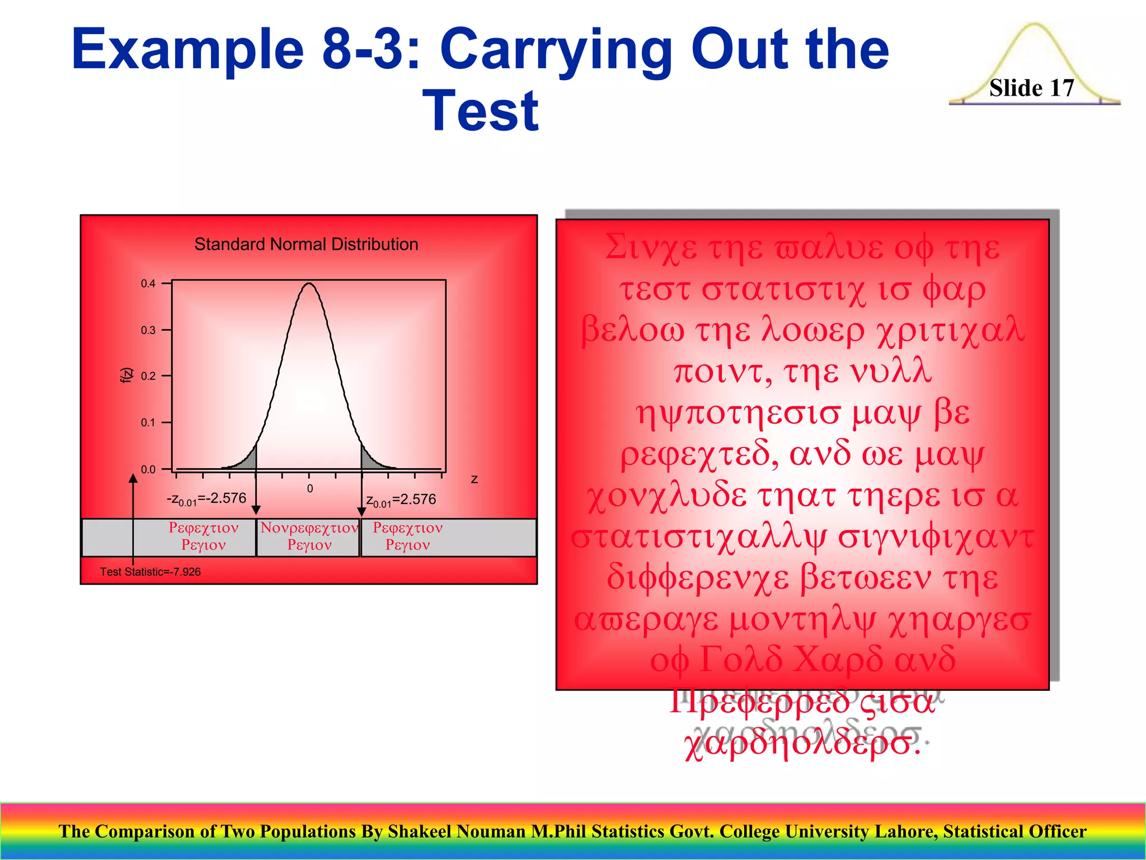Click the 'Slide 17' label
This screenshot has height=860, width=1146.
coord(1031,88)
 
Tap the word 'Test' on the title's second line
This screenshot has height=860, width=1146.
coord(481,111)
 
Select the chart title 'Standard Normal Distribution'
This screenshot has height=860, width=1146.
coord(306,244)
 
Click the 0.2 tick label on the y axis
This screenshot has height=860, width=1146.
coord(148,376)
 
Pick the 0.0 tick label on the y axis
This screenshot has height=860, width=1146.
coord(148,469)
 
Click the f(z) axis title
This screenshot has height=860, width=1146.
coord(127,375)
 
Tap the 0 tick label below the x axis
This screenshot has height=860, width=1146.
coord(309,489)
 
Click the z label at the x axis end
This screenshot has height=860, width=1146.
coord(474,479)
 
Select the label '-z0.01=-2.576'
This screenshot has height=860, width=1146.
coord(206,499)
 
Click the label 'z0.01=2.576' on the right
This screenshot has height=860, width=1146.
coord(401,500)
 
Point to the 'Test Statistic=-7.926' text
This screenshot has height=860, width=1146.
coord(150,572)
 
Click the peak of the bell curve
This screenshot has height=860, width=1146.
coord(309,284)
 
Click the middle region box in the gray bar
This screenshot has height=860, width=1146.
coord(308,537)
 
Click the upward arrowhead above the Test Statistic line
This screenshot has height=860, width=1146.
coord(133,478)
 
